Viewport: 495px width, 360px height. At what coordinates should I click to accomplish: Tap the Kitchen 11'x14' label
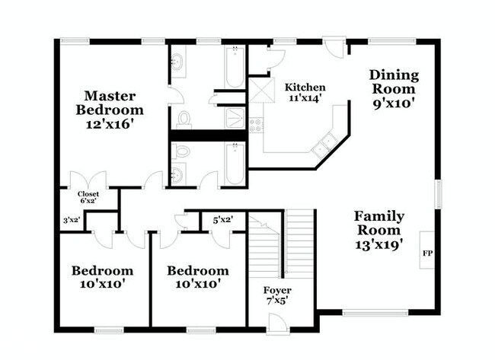pos(305,92)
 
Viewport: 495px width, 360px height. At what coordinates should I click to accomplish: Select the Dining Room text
pos(394,82)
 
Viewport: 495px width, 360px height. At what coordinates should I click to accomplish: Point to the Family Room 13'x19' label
pos(378,231)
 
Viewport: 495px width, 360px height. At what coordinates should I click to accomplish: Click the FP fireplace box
pos(427,250)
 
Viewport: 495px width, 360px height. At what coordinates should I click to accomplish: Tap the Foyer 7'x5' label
pos(277,295)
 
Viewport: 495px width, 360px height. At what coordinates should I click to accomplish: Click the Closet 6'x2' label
pos(88,197)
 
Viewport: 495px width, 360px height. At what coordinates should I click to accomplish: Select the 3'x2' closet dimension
pos(71,220)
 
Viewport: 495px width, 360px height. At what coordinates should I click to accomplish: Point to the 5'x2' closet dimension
pos(223,220)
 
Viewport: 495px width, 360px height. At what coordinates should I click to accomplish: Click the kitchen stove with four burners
pos(256,125)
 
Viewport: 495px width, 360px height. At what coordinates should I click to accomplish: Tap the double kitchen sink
pos(325,145)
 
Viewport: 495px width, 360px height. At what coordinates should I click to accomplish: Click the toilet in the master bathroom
pos(184,120)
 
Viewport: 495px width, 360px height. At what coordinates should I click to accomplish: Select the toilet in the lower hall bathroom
pos(180,151)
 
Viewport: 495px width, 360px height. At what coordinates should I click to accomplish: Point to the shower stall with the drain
pos(235,118)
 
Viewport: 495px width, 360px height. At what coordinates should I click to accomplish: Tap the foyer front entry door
pos(278,324)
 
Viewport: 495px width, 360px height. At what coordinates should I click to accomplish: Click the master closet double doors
pos(88,179)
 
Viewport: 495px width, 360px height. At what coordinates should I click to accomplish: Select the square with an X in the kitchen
pos(262,91)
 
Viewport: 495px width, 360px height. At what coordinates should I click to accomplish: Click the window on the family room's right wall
pos(438,194)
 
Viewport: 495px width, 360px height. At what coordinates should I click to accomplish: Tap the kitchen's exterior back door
pos(334,47)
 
